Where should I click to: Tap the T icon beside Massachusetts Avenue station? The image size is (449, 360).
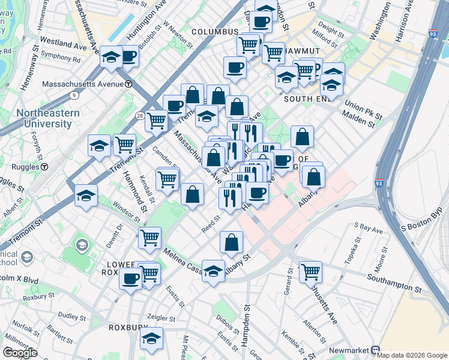click(x=128, y=84)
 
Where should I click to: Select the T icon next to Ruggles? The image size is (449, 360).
click(x=44, y=166)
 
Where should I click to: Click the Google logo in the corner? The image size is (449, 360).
click(x=20, y=352)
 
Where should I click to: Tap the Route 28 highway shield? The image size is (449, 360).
click(x=139, y=115)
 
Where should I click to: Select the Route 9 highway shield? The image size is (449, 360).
click(x=74, y=95)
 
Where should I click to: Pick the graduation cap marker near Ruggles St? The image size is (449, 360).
click(x=86, y=196)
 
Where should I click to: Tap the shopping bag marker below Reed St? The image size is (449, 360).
click(x=231, y=243)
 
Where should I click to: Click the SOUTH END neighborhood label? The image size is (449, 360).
click(x=307, y=99)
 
